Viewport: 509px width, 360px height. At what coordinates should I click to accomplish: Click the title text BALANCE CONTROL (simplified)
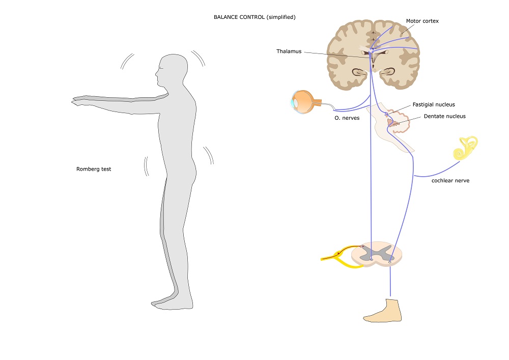(x=254, y=17)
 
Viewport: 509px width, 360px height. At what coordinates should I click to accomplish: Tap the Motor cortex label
(x=422, y=21)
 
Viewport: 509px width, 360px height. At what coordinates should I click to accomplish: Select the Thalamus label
(x=289, y=51)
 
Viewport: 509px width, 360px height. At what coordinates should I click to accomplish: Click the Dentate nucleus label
(x=444, y=116)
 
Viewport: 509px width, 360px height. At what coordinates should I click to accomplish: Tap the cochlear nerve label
(x=450, y=180)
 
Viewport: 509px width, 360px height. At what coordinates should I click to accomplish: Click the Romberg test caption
(x=94, y=169)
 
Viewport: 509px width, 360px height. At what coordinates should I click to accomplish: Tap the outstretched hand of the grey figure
(x=80, y=101)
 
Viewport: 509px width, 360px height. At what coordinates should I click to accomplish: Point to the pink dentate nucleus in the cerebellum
(x=392, y=122)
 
